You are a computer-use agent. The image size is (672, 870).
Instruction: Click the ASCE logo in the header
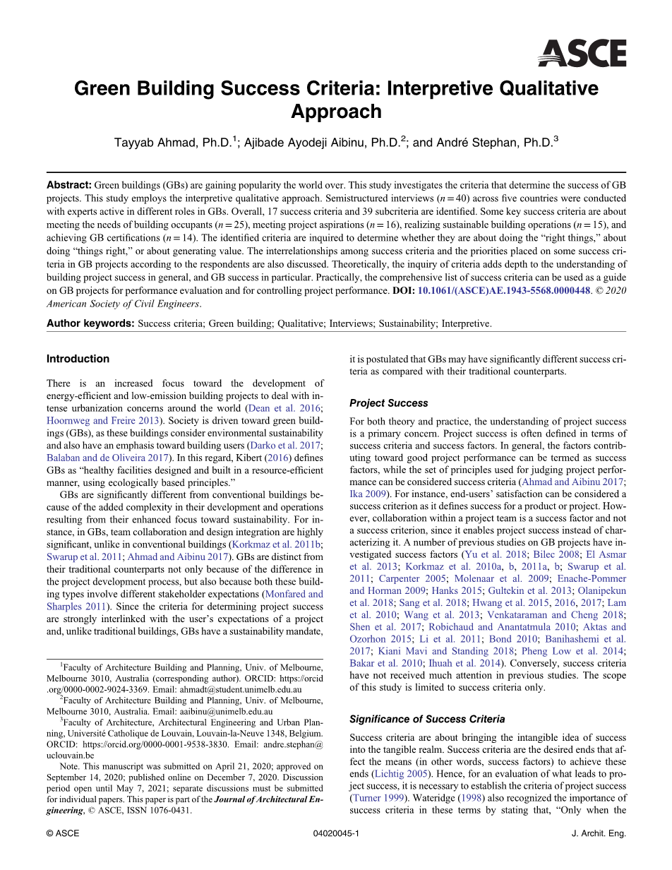click(582, 53)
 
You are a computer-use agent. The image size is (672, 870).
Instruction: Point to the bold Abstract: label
click(69, 184)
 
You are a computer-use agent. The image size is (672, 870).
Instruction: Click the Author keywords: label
click(90, 323)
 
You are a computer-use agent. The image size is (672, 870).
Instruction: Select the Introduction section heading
click(78, 359)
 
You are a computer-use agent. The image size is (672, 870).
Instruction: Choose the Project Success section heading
click(389, 403)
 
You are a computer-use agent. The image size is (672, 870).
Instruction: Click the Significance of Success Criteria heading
click(427, 719)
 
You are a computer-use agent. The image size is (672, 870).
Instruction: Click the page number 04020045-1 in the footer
click(335, 833)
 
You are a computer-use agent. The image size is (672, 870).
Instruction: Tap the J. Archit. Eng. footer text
click(599, 833)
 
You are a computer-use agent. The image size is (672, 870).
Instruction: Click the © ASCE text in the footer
click(63, 833)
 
